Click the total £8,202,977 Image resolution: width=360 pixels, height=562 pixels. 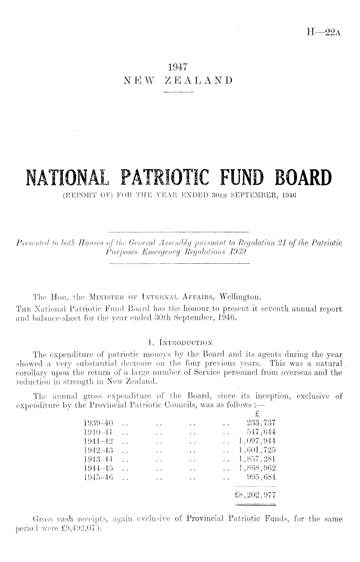click(x=255, y=495)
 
